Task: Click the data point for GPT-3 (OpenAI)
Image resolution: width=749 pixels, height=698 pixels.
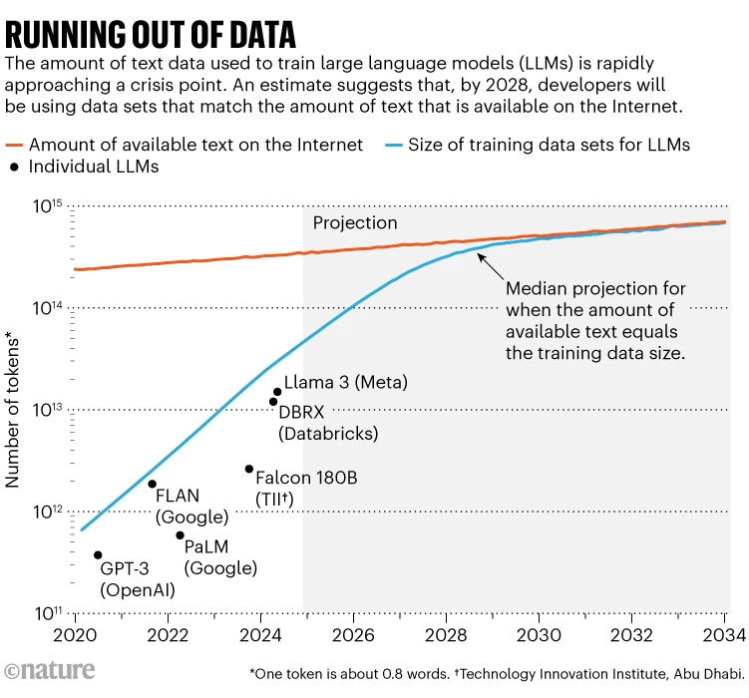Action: [x=98, y=555]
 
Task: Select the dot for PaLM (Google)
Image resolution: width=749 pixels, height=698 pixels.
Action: [x=181, y=535]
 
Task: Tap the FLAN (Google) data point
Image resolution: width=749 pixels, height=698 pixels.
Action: [x=153, y=485]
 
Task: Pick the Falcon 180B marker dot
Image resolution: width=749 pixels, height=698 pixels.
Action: [x=249, y=469]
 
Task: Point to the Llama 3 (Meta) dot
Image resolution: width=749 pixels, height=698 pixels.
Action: [x=277, y=392]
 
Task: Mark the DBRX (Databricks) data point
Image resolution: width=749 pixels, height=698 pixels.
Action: [x=273, y=402]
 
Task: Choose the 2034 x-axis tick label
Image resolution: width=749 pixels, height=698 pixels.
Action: [x=724, y=635]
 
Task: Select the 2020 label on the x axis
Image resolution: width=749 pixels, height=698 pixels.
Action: [x=75, y=635]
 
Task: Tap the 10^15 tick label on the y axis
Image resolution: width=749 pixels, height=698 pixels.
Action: [x=47, y=206]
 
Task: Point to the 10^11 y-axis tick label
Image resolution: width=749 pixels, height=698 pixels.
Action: [x=47, y=613]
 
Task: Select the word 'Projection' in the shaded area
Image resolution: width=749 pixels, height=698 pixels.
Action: [x=355, y=223]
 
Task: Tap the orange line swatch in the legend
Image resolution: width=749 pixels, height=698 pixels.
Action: [x=14, y=146]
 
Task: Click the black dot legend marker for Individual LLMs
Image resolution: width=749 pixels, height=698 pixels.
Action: [x=14, y=168]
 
